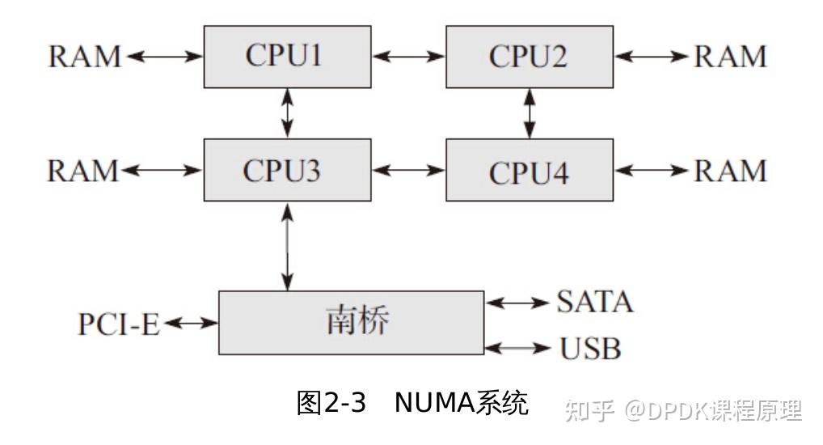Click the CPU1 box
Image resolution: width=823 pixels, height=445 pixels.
[287, 57]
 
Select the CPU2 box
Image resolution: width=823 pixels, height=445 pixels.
[529, 57]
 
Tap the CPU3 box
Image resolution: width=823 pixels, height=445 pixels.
[287, 170]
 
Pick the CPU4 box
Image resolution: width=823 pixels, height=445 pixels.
[529, 171]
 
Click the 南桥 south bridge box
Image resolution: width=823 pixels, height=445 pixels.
[352, 322]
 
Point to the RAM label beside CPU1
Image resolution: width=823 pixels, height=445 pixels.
[84, 57]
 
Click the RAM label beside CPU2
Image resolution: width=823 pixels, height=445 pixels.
[731, 57]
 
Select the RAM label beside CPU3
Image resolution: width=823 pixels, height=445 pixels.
[84, 171]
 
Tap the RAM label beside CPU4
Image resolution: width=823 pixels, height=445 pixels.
[731, 171]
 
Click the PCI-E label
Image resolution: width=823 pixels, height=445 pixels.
[119, 324]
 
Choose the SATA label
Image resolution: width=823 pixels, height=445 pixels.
[594, 302]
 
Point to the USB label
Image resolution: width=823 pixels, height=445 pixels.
[590, 349]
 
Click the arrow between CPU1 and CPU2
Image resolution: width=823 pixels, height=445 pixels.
[409, 57]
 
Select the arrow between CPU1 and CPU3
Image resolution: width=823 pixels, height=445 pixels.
[288, 113]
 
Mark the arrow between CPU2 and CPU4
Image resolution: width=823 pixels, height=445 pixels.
[530, 113]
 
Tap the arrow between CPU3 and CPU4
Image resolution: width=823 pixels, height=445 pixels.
[409, 171]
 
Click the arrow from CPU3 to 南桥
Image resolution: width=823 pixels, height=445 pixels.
[288, 246]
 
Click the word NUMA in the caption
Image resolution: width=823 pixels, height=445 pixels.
[433, 403]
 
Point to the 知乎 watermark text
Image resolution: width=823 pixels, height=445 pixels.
[590, 410]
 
